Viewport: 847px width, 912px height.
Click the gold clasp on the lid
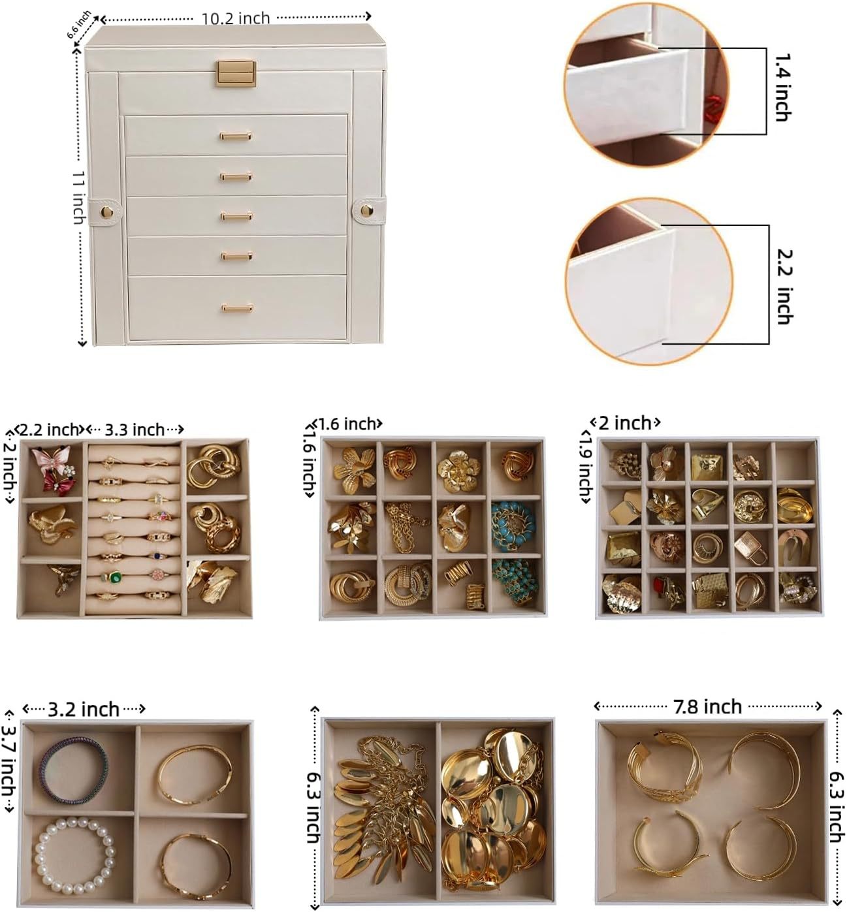[x=236, y=74]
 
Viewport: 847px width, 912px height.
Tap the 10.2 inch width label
[x=235, y=18]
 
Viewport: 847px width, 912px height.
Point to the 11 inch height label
[x=80, y=198]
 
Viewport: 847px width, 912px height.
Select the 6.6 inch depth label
[x=79, y=25]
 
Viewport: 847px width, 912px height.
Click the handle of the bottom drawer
[x=236, y=307]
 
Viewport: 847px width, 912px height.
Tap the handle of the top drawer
[x=235, y=136]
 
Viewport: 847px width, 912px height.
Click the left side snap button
[x=106, y=212]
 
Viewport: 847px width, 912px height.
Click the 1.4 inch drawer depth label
[x=783, y=87]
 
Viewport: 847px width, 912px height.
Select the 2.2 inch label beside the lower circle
[x=785, y=287]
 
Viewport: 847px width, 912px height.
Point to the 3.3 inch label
[x=135, y=430]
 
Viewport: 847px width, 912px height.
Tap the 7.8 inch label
[x=707, y=707]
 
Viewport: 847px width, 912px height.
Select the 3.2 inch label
[x=84, y=709]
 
